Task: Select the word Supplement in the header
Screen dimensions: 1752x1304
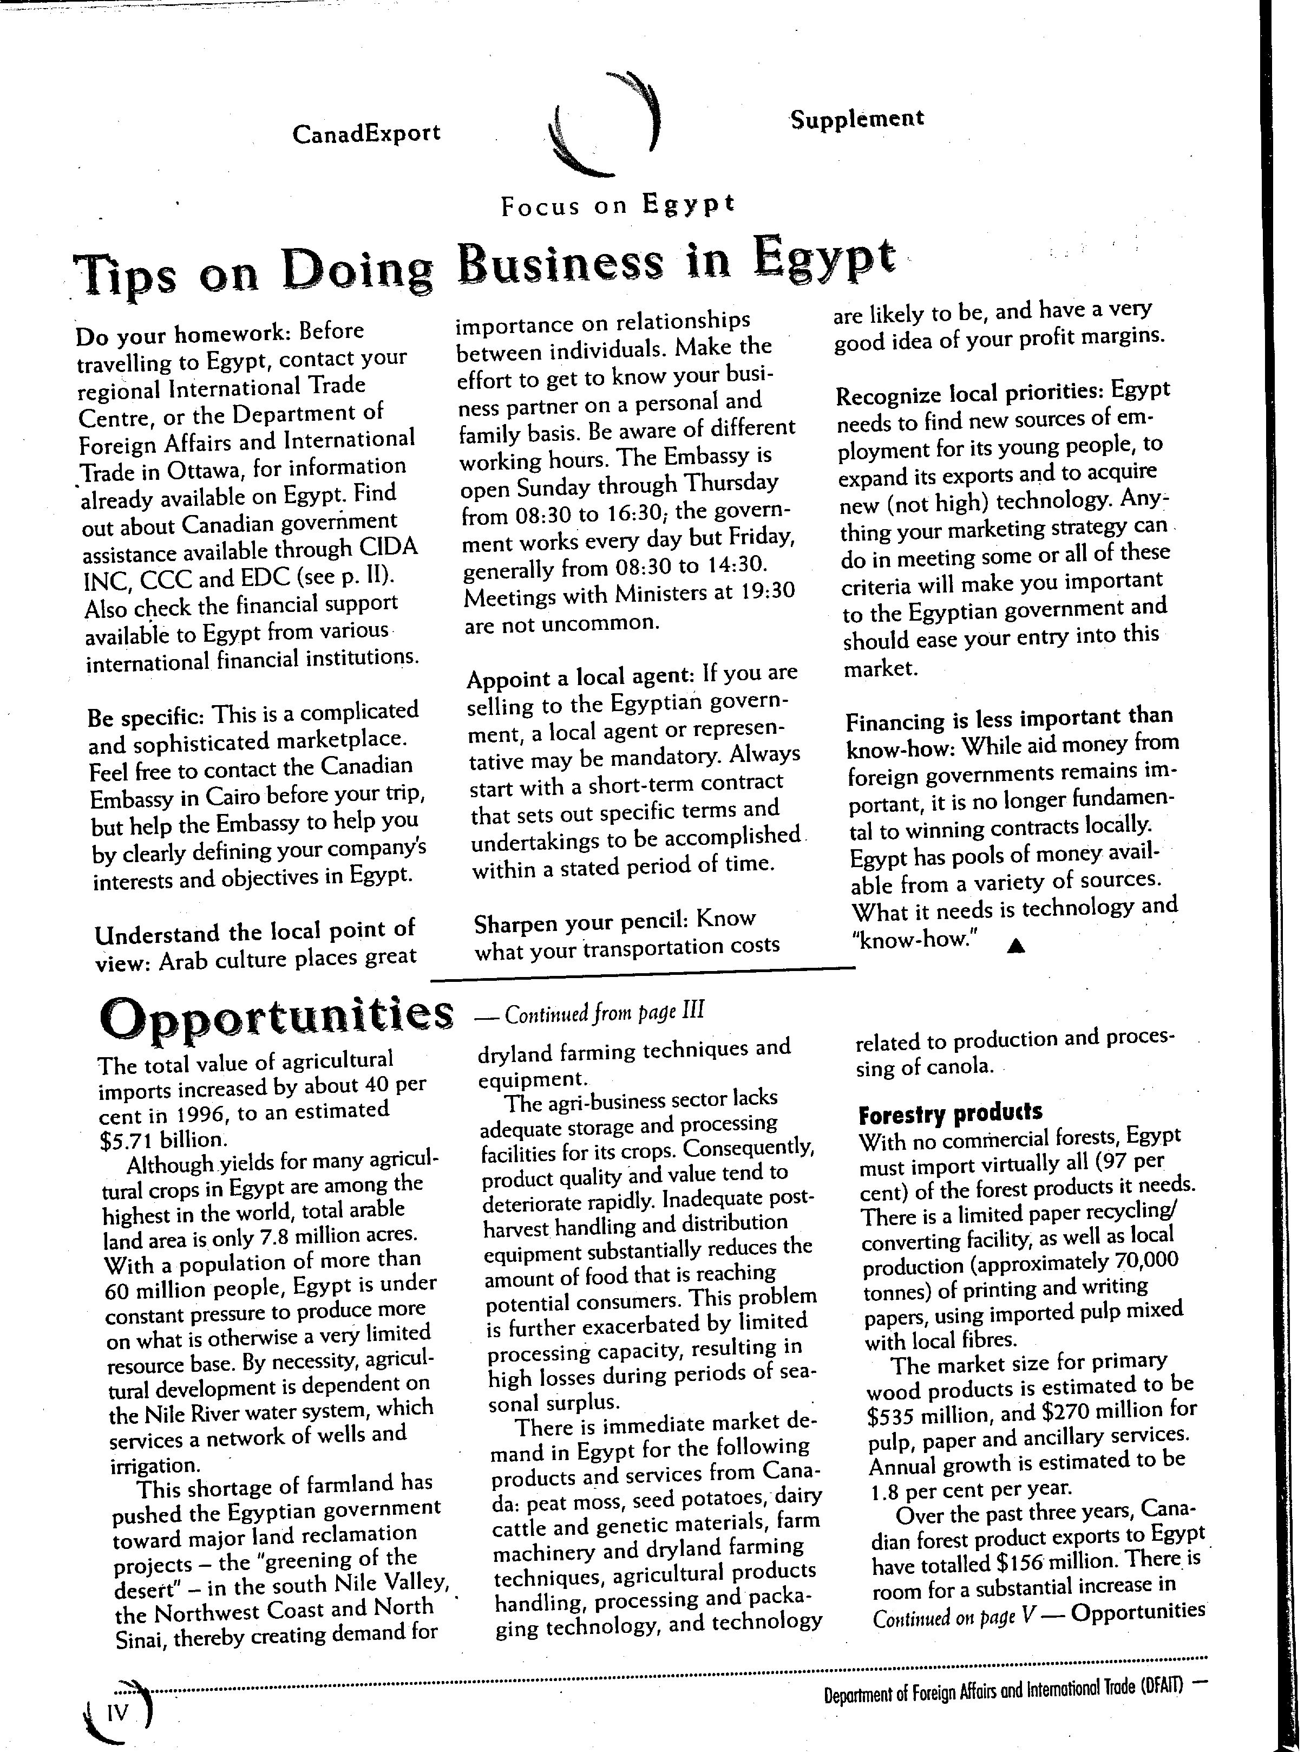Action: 856,119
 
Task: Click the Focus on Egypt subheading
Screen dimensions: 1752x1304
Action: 617,205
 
